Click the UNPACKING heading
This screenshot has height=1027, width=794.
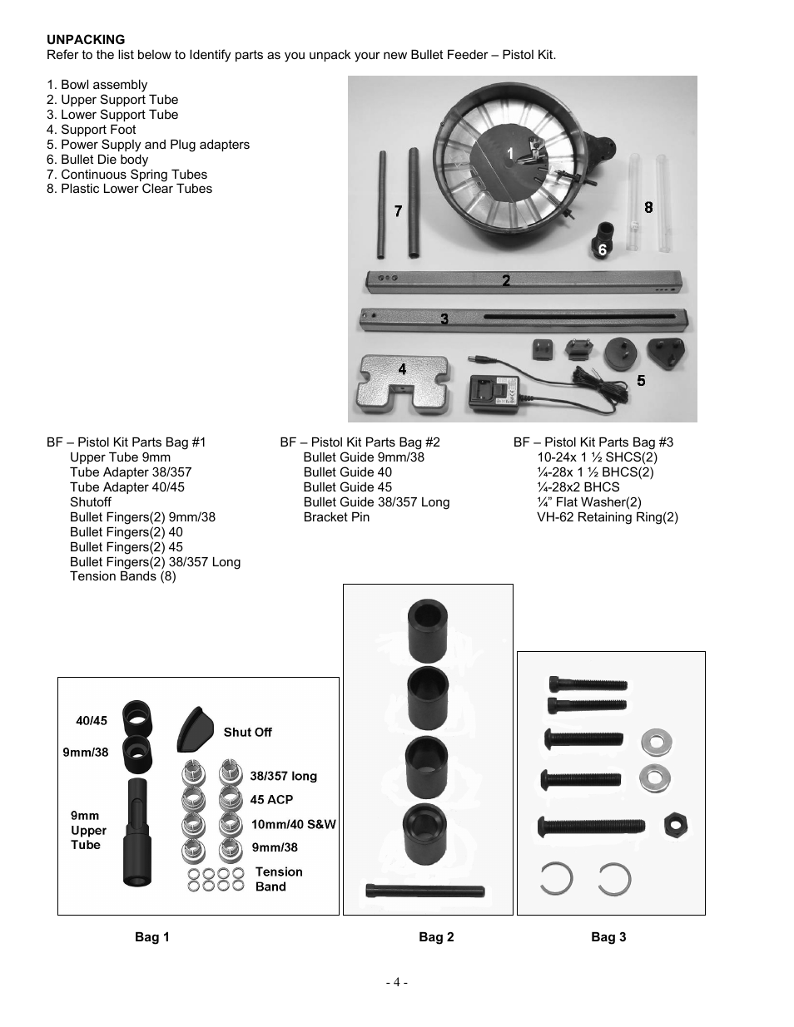[x=86, y=39]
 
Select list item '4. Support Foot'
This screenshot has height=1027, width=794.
[x=92, y=130]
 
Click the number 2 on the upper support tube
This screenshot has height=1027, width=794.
[x=506, y=281]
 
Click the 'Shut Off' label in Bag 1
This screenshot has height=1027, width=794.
[x=247, y=733]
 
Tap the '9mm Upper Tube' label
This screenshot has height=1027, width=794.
[x=88, y=830]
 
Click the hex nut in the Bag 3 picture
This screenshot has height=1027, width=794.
[x=675, y=827]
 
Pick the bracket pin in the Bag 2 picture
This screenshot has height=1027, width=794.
[x=425, y=890]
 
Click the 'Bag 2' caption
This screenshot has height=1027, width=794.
[x=436, y=937]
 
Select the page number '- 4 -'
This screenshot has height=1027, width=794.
[x=397, y=982]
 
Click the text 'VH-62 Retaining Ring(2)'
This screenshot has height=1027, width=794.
[x=607, y=517]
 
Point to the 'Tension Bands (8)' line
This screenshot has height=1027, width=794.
[x=123, y=576]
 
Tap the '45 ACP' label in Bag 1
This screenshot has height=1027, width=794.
[x=271, y=800]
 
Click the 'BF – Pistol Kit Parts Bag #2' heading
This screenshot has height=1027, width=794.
[x=360, y=442]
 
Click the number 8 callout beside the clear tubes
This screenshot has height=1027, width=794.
[x=648, y=207]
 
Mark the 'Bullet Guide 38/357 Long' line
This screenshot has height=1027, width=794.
[x=376, y=502]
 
